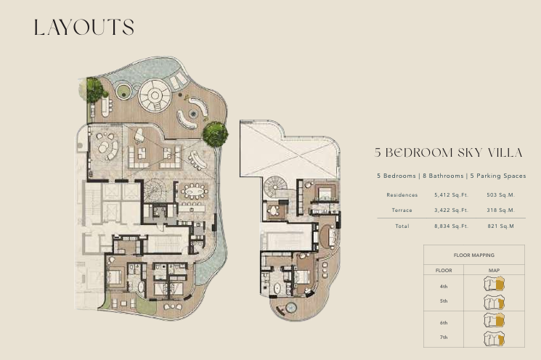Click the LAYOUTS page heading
[x=84, y=28]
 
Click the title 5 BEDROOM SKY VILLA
[x=449, y=152]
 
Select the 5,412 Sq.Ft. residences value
[x=451, y=195]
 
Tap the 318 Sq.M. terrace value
[x=500, y=210]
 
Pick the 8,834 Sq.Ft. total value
[x=451, y=226]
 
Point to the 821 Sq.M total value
[x=500, y=226]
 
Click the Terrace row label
[x=402, y=210]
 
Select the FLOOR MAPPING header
[x=473, y=255]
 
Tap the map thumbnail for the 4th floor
[x=494, y=284]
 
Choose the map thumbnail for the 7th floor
[x=494, y=338]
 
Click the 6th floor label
[x=444, y=323]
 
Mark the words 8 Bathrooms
[x=443, y=176]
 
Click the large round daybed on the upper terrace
[x=155, y=96]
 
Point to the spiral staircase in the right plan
[x=275, y=187]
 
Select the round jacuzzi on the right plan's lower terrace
[x=291, y=307]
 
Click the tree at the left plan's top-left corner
[x=94, y=90]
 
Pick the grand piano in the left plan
[x=139, y=134]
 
